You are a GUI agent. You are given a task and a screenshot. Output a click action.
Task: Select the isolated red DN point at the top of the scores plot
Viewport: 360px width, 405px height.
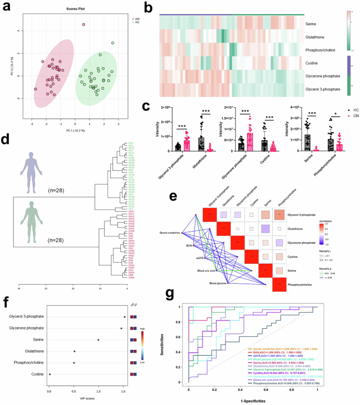(84, 25)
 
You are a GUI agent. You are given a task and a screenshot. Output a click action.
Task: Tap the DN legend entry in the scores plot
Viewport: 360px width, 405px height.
(135, 18)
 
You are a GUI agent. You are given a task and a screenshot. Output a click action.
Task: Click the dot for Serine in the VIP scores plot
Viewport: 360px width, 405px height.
(98, 340)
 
